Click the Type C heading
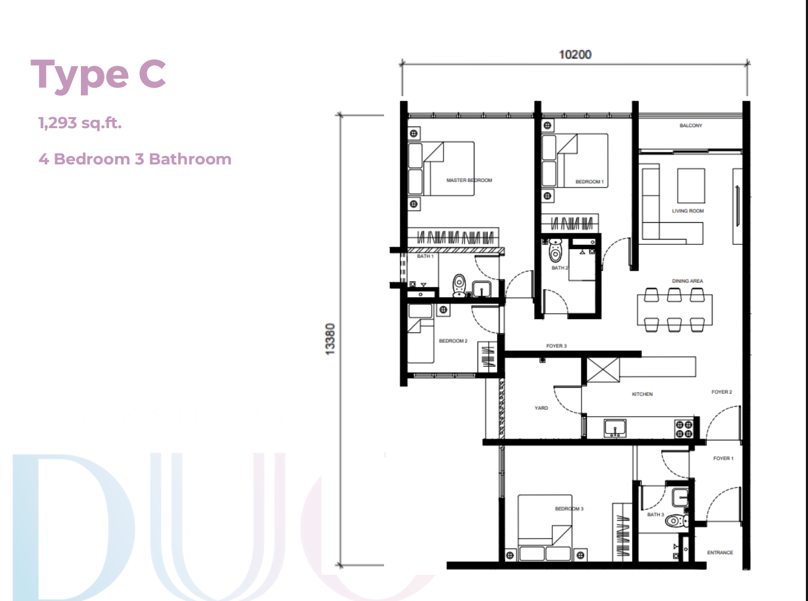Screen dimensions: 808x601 [x=98, y=76]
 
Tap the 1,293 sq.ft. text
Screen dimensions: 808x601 [x=80, y=123]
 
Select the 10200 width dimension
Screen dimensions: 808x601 [x=575, y=55]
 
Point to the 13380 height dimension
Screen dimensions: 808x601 [x=330, y=339]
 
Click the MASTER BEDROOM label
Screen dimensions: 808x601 [x=469, y=180]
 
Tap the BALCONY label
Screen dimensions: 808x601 [x=691, y=126]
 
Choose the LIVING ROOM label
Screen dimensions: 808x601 [x=688, y=211]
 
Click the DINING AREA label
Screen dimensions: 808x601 [x=687, y=281]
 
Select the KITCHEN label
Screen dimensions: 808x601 [x=642, y=394]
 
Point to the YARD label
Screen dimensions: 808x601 [x=541, y=408]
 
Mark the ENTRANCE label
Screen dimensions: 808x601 [x=720, y=553]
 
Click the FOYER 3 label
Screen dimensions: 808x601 [x=556, y=346]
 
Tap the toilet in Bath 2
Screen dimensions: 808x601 [x=555, y=250]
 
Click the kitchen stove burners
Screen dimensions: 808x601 [x=684, y=429]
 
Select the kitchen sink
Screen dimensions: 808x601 [x=615, y=428]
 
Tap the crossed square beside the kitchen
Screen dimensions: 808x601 [x=603, y=370]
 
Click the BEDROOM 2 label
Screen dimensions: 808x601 [x=453, y=341]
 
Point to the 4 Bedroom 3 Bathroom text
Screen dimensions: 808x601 [x=135, y=159]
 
